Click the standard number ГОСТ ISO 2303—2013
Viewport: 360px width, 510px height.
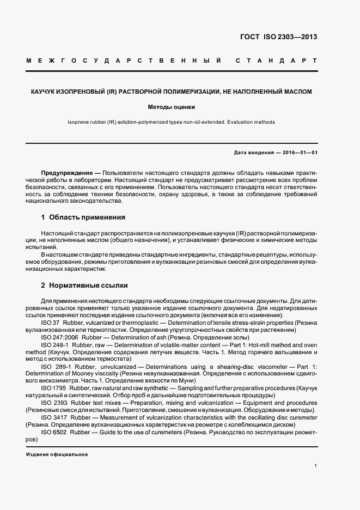278,38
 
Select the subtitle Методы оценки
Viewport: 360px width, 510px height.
172,107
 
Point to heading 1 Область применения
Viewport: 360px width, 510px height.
83,217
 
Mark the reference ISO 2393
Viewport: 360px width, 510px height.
52,403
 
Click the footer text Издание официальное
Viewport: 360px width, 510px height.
57,454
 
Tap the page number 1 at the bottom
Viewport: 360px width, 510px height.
316,466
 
